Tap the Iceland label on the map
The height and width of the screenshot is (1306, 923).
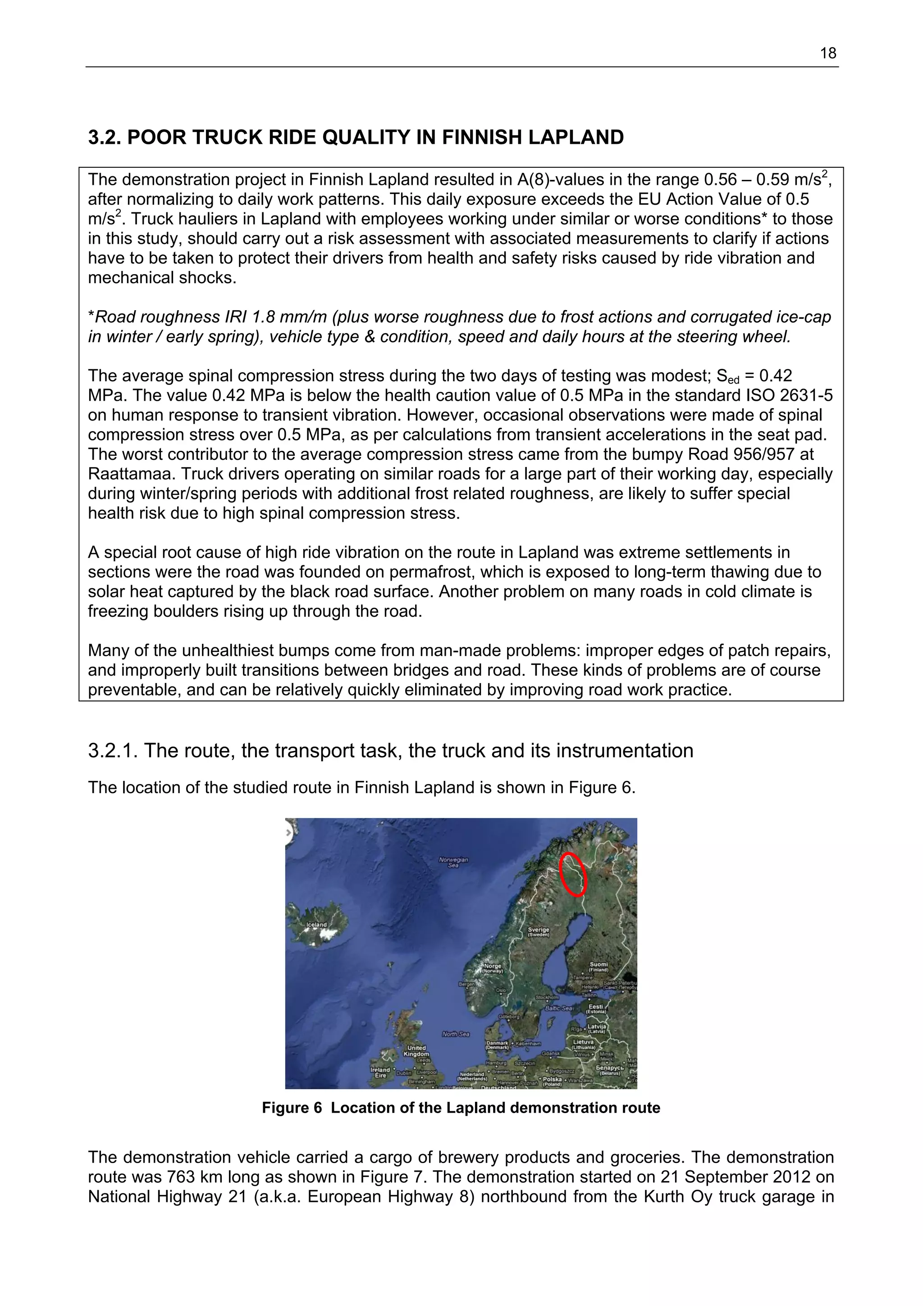[317, 924]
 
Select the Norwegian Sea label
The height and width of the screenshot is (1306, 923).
[453, 862]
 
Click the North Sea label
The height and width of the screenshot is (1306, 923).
[456, 1034]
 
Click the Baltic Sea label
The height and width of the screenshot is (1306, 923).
[558, 1008]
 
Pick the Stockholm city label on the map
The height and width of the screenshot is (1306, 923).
[547, 997]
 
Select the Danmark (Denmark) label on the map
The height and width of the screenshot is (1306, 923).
[499, 1045]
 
